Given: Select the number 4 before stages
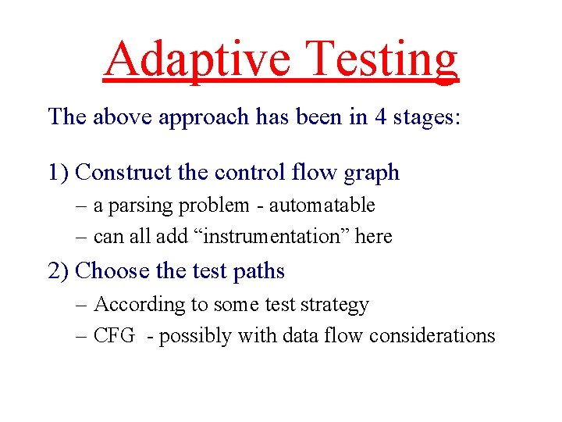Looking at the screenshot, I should click(378, 117).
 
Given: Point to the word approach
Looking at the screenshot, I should click(205, 117).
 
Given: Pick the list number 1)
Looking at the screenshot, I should click(60, 172).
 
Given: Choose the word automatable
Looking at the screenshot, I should click(322, 206).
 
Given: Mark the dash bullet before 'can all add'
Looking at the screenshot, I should click(83, 236).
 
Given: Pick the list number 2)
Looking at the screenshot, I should click(60, 271).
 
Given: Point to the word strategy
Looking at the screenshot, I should click(337, 305).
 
